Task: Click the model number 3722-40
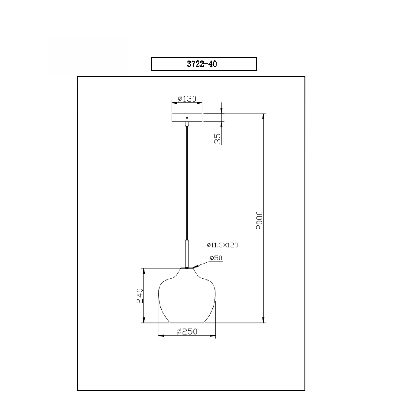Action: pyautogui.click(x=202, y=64)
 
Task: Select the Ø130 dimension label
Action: pyautogui.click(x=187, y=99)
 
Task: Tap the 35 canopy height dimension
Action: pyautogui.click(x=218, y=139)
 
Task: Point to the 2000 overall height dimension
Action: pyautogui.click(x=260, y=220)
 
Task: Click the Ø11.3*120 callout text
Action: pyautogui.click(x=222, y=245)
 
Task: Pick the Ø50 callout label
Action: pyautogui.click(x=216, y=258)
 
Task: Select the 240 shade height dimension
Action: pyautogui.click(x=140, y=296)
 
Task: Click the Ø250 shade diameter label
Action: pyautogui.click(x=187, y=331)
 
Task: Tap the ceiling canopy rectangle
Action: pyautogui.click(x=187, y=118)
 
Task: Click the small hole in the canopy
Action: pyautogui.click(x=187, y=118)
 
